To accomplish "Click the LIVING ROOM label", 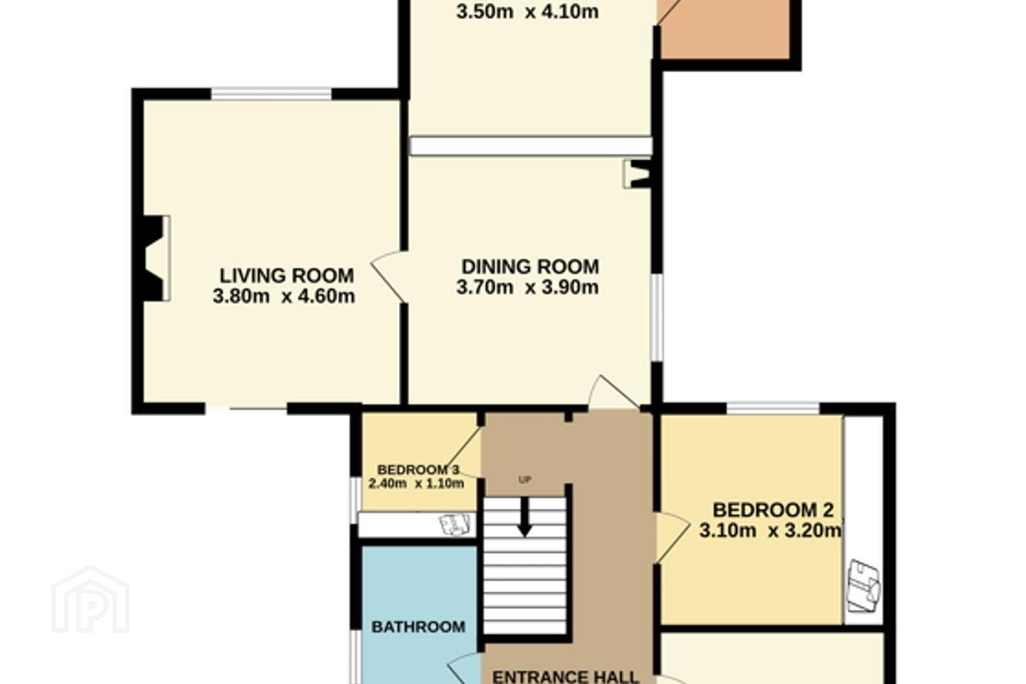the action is tap(286, 276).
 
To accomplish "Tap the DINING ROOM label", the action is tap(530, 266).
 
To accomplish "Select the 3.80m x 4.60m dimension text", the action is tap(284, 296).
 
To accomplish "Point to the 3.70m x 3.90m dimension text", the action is tap(527, 287).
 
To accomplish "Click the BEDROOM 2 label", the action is tap(773, 510).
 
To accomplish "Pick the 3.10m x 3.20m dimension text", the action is tap(771, 531).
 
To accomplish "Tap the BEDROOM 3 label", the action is tap(418, 470).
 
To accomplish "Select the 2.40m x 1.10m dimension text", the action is tap(416, 483).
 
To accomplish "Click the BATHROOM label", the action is tap(418, 627).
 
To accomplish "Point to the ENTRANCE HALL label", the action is tap(565, 677).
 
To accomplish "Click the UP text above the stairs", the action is tap(525, 480).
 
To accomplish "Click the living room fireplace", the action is tap(152, 259).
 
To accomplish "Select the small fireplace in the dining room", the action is tap(637, 174).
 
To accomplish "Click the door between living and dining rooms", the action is tap(389, 276).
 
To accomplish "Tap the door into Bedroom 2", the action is tap(673, 537).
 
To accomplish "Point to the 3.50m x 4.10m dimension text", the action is tap(527, 12).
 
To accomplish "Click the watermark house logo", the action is tap(90, 600).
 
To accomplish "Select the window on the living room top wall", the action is tap(271, 93).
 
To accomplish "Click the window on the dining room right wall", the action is tap(657, 318).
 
